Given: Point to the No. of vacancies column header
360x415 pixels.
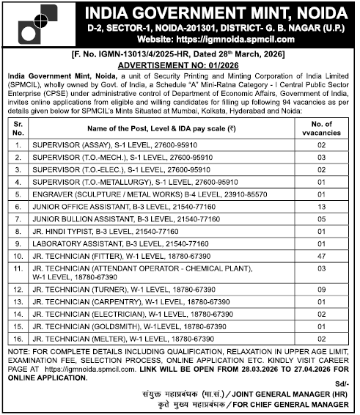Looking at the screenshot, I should point(320,129).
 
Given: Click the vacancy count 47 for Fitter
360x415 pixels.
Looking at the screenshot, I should point(320,256).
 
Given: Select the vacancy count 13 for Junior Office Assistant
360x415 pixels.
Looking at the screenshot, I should point(320,207).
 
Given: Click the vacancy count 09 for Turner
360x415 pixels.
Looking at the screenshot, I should point(320,290).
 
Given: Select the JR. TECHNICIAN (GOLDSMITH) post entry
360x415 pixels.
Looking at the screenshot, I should point(128,326).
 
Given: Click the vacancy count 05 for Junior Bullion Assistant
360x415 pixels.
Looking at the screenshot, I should point(320,219).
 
